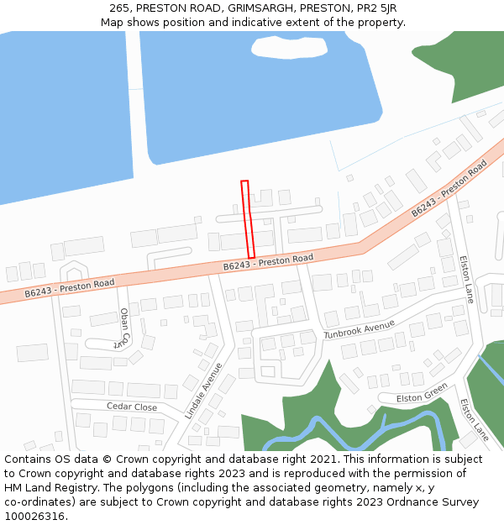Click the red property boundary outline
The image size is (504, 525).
click(x=248, y=219)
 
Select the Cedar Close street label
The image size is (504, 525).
click(x=132, y=407)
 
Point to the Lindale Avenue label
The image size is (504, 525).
click(x=203, y=391)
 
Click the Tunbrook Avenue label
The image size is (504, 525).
click(x=359, y=329)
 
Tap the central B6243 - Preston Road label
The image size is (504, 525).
click(x=268, y=262)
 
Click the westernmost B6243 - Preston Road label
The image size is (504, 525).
click(x=69, y=288)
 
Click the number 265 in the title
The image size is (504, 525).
click(x=119, y=8)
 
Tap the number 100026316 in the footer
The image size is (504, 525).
click(x=33, y=516)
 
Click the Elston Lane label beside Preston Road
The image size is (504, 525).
click(x=468, y=280)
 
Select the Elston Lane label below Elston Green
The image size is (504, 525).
click(x=474, y=419)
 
